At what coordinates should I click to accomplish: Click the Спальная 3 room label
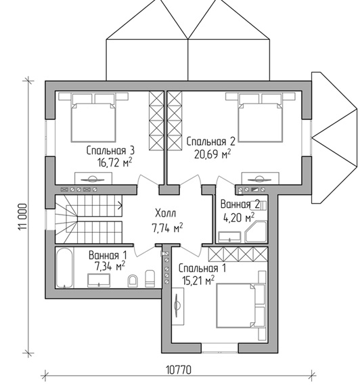tap(111, 151)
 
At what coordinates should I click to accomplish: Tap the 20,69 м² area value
tap(212, 154)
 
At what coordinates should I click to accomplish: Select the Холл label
tap(165, 213)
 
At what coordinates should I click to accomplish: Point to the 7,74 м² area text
tap(167, 227)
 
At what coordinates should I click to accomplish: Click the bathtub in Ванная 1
tap(64, 267)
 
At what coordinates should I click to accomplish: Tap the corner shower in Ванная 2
tap(256, 232)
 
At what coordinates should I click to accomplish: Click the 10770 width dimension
tap(179, 370)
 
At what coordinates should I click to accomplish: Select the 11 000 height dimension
tap(22, 217)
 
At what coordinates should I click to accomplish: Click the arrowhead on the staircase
tap(120, 206)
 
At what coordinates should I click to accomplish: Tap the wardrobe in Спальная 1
tap(238, 254)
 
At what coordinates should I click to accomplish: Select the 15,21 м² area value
tap(198, 280)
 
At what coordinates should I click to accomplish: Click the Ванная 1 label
tap(108, 255)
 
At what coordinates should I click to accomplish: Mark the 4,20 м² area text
tap(239, 218)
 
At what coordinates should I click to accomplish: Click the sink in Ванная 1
tap(99, 280)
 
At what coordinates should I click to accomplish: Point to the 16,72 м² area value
tap(114, 163)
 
